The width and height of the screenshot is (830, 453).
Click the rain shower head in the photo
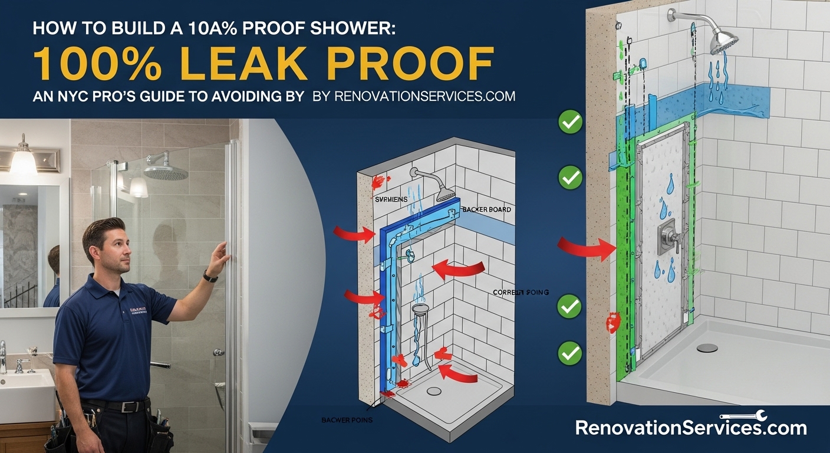[x=166, y=172]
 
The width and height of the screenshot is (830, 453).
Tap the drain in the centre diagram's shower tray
[x=434, y=390]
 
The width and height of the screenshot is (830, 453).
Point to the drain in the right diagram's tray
[x=707, y=347]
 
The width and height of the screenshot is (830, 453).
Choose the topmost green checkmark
[x=570, y=123]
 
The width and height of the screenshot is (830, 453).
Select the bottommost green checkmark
[x=570, y=353]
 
